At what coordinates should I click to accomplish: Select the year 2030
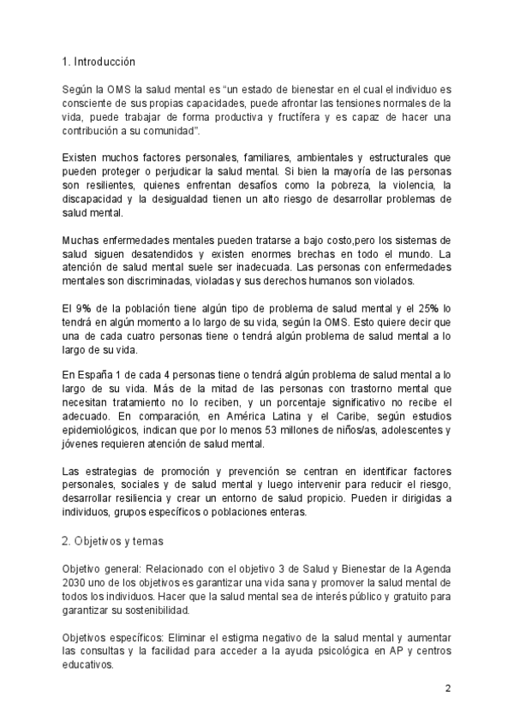point(76,583)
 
